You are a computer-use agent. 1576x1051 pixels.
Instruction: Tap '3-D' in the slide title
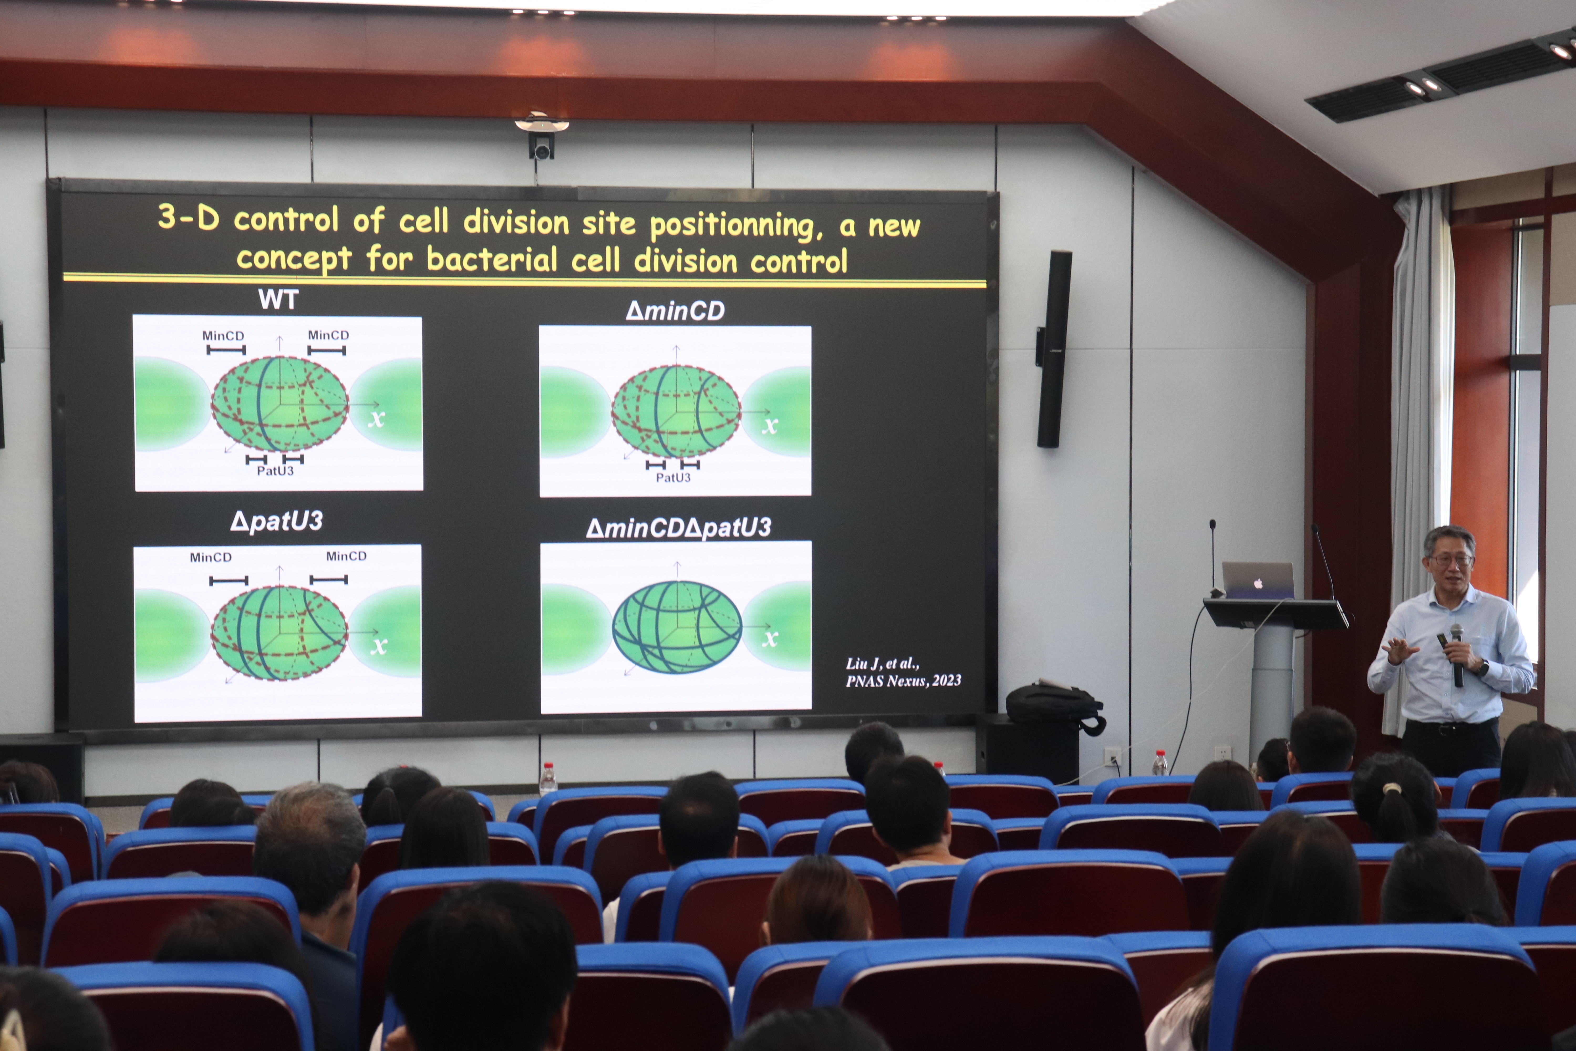(x=188, y=217)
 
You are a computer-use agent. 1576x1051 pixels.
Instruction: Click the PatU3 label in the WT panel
(x=275, y=471)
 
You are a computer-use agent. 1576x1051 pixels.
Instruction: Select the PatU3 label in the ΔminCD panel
(x=673, y=477)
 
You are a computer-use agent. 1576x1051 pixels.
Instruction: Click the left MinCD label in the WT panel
(x=223, y=335)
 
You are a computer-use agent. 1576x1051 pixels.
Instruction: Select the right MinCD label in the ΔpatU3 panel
(x=346, y=556)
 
